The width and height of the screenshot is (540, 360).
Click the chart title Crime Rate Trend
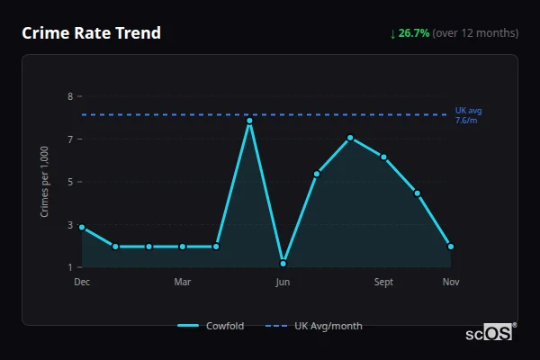point(91,33)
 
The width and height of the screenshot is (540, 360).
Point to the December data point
point(82,227)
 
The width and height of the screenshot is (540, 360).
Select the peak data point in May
point(249,121)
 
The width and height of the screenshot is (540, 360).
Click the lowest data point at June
point(283,264)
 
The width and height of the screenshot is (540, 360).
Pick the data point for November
point(451,246)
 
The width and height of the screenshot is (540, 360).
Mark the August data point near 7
point(350,138)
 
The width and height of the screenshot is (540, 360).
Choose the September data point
point(383,157)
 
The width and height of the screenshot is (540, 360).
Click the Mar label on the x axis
point(182,283)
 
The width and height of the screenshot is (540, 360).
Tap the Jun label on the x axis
point(283,283)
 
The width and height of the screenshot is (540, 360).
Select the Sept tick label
point(383,283)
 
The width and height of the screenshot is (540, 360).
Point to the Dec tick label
point(82,283)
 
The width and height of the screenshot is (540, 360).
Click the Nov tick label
point(451,283)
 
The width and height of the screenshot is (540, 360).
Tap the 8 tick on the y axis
point(69,96)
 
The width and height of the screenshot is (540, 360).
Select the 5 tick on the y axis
point(69,182)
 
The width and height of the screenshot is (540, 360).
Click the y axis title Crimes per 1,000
point(45,181)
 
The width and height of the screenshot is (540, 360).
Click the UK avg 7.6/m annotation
point(468,115)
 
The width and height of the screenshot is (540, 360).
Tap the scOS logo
point(490,333)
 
